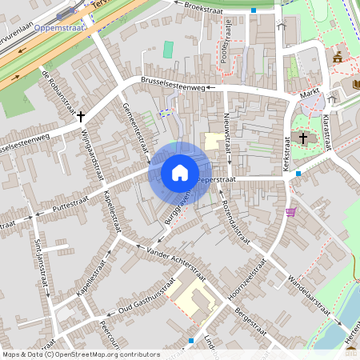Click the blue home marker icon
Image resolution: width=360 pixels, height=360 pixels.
tap(180, 172)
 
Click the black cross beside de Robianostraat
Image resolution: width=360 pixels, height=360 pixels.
tap(81, 116)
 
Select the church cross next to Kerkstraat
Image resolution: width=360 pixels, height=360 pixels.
tap(303, 138)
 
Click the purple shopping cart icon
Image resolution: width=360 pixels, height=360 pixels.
tap(290, 212)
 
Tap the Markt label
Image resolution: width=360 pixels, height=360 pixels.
tap(310, 94)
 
